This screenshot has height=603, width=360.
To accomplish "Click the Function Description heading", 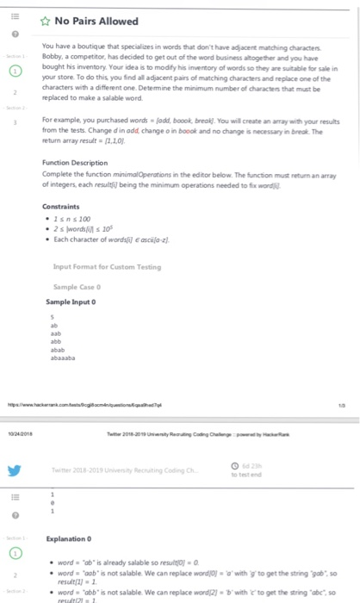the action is tap(77, 164).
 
